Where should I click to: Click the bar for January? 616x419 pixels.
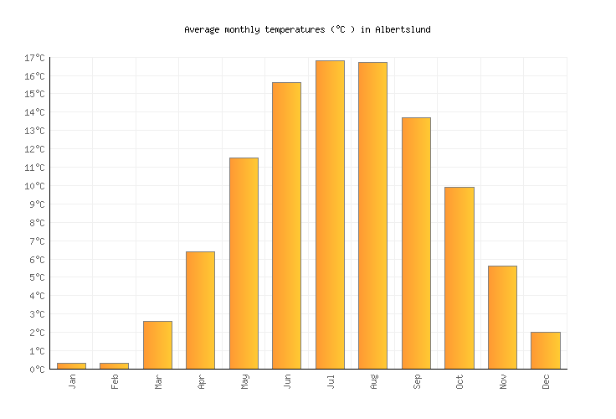71,365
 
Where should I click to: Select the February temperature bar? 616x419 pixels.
114,365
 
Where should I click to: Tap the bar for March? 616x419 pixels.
157,345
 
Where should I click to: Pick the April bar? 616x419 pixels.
200,310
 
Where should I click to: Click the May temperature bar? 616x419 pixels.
244,263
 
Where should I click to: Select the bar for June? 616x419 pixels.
286,225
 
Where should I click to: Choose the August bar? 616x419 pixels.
372,215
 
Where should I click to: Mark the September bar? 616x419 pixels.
416,243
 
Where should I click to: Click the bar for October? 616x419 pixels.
459,278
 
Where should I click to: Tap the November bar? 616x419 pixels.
502,318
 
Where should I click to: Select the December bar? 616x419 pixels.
545,350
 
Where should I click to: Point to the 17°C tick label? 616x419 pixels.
34,58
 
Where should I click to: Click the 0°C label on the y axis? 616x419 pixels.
37,370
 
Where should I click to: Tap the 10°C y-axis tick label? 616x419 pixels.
34,186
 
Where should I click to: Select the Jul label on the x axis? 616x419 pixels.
330,382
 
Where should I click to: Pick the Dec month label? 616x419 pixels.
546,382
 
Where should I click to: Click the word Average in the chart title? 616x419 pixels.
201,29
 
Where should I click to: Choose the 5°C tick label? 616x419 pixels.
37,277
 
